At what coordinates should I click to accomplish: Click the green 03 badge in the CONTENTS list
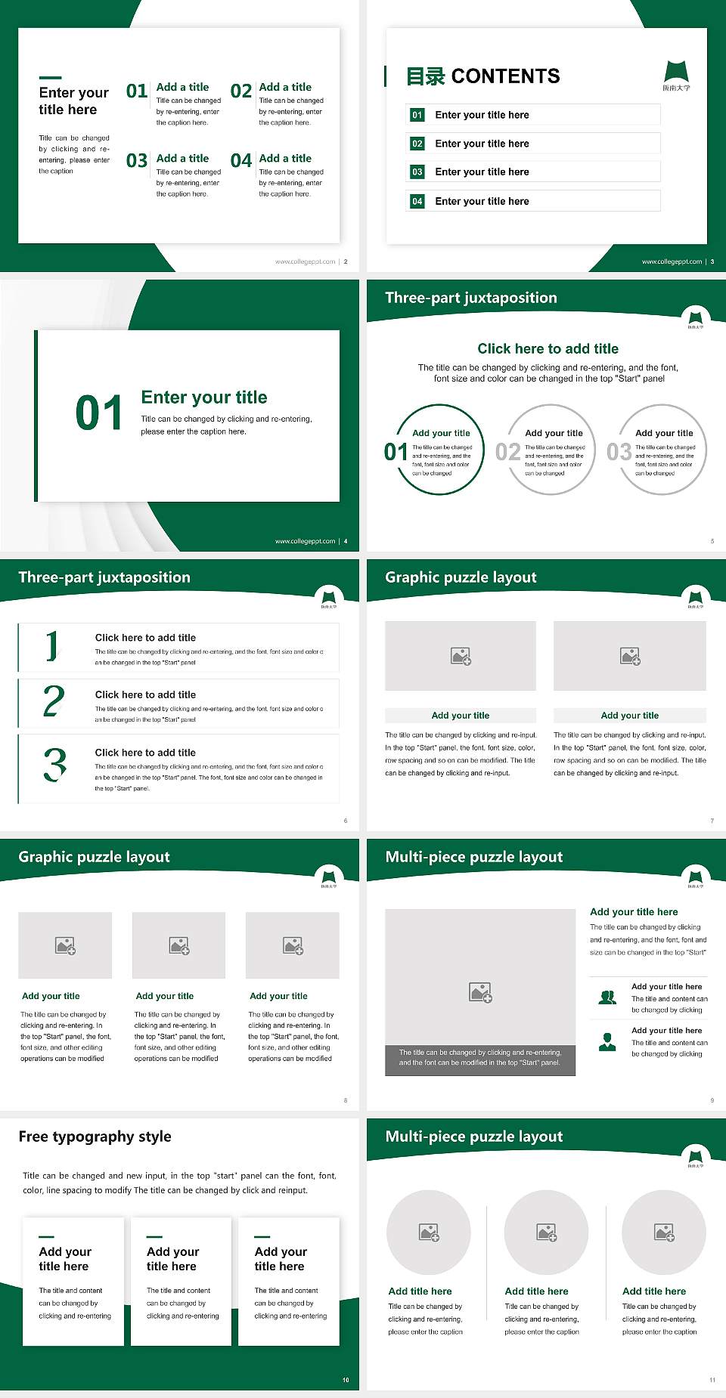click(417, 172)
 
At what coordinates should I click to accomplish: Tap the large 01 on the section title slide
click(98, 413)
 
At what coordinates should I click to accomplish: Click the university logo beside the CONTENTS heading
click(676, 75)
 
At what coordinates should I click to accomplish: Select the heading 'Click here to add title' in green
click(548, 348)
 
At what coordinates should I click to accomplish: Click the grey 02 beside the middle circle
click(507, 452)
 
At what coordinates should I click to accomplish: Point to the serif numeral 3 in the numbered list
click(54, 765)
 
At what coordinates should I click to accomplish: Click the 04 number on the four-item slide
click(240, 161)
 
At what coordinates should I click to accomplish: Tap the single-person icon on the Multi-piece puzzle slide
click(607, 1042)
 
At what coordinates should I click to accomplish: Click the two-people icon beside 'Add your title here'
click(607, 997)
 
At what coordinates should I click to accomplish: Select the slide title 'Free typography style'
click(95, 1137)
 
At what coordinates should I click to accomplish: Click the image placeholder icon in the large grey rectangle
click(480, 992)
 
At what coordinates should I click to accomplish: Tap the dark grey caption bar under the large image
click(480, 1057)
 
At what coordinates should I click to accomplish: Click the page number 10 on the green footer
click(346, 1380)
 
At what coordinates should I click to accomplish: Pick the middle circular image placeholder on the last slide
click(546, 1233)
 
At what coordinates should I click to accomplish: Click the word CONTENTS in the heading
click(505, 76)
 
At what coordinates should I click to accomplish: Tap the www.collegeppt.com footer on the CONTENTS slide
click(672, 261)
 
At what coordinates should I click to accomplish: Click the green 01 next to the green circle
click(396, 452)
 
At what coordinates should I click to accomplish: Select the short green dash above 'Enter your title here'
click(50, 77)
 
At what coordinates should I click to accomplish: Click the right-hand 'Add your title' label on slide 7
click(629, 716)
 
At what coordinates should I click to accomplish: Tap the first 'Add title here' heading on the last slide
click(420, 1291)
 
